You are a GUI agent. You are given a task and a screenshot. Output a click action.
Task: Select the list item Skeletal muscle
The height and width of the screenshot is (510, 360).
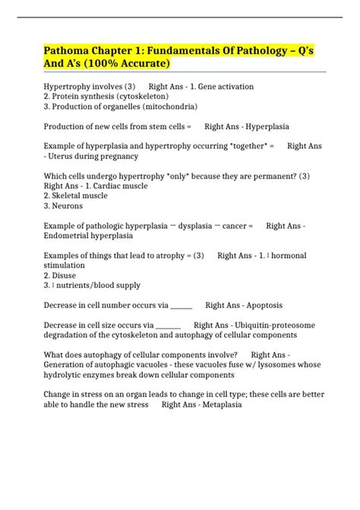82,195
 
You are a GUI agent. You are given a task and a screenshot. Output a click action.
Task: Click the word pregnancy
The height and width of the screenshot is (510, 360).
117,156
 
